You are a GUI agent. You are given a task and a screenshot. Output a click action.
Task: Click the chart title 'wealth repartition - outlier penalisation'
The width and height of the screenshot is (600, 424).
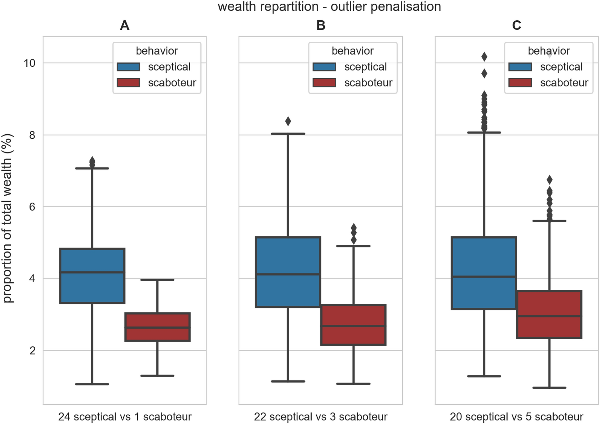tap(329, 7)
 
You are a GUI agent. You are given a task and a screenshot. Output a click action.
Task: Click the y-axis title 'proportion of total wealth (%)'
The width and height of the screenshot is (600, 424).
tap(7, 218)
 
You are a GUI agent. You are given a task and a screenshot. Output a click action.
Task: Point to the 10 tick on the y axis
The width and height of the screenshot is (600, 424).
tap(30, 63)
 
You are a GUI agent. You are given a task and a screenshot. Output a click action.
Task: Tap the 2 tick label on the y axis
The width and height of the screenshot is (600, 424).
tap(32, 350)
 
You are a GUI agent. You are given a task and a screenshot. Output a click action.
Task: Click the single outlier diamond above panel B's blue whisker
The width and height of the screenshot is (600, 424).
tap(288, 121)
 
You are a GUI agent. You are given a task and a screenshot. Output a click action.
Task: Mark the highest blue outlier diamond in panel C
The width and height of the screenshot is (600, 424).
tap(484, 57)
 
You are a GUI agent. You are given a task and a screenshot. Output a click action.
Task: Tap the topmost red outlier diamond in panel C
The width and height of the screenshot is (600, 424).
tap(549, 180)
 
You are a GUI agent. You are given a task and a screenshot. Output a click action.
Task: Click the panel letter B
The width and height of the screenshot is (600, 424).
tap(321, 25)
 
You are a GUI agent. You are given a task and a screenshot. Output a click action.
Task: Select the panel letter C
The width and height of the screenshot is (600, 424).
tap(516, 25)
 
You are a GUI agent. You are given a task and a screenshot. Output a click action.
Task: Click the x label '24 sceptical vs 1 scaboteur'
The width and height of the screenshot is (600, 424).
tap(125, 417)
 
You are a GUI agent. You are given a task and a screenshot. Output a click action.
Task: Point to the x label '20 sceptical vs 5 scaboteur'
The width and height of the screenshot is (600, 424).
tap(516, 417)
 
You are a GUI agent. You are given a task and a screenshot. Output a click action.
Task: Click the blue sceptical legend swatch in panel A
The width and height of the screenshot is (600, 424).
tap(128, 67)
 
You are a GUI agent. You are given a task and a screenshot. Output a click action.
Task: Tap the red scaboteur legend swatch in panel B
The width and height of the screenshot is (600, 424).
tap(324, 83)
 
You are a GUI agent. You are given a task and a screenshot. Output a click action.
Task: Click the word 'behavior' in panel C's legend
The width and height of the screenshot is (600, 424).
tap(548, 51)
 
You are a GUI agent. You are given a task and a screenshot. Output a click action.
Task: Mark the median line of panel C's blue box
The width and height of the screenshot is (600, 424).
tap(484, 277)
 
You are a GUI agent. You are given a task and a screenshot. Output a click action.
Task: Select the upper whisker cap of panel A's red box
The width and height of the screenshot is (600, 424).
tap(157, 280)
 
